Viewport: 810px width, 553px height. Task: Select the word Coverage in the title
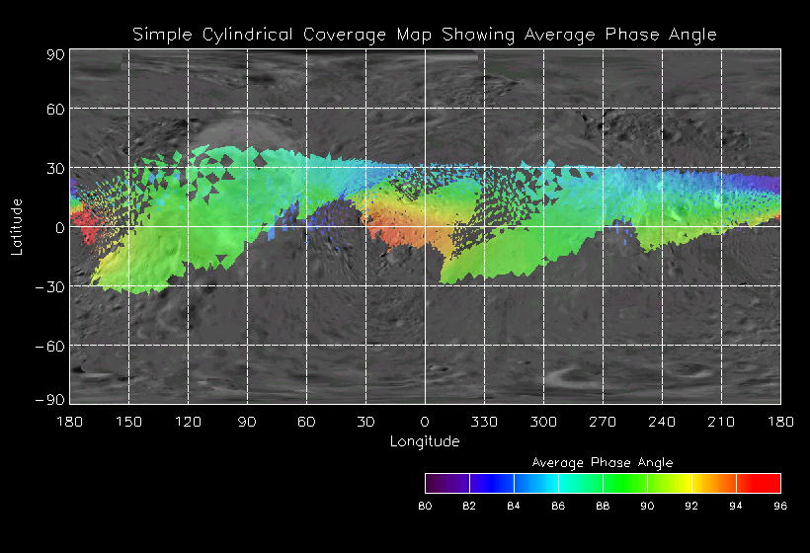331,35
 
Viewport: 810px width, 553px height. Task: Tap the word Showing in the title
480,35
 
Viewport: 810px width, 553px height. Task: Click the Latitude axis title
17,226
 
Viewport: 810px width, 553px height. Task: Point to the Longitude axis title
425,441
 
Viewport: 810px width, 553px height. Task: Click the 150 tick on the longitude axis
128,422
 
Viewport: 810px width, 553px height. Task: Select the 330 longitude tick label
484,422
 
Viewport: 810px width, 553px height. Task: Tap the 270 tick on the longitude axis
603,422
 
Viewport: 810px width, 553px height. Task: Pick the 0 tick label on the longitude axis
425,422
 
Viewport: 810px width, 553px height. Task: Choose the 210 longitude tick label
721,422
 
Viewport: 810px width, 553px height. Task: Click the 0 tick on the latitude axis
59,227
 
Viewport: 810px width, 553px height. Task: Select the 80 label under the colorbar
425,507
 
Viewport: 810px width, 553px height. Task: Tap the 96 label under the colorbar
780,507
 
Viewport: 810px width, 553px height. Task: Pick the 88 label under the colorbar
603,507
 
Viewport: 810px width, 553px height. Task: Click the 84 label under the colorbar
514,507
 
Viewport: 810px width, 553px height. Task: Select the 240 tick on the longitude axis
662,422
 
